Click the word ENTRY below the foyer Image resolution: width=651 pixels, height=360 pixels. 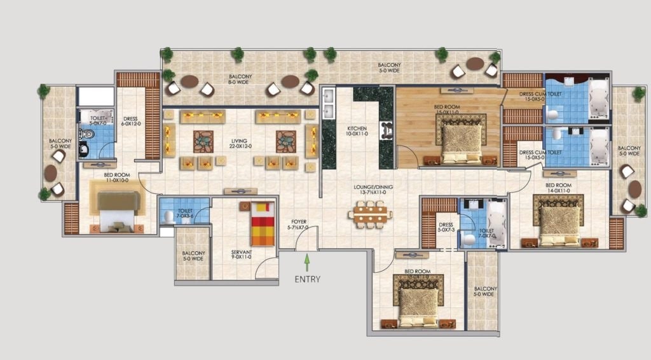pyautogui.click(x=308, y=279)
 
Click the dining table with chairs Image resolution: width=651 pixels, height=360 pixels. pyautogui.click(x=369, y=213)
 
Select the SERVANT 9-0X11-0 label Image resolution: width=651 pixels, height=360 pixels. pyautogui.click(x=242, y=256)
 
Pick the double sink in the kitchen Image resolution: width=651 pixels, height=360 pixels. pyautogui.click(x=329, y=104)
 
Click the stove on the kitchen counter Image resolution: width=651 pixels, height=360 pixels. pyautogui.click(x=386, y=130)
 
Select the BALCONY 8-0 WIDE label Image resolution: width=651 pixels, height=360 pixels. pyautogui.click(x=241, y=80)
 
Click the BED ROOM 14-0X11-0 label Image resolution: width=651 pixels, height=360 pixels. pyautogui.click(x=559, y=188)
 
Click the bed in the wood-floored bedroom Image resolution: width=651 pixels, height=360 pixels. pyautogui.click(x=462, y=137)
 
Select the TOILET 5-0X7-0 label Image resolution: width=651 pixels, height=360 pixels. pyautogui.click(x=97, y=120)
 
